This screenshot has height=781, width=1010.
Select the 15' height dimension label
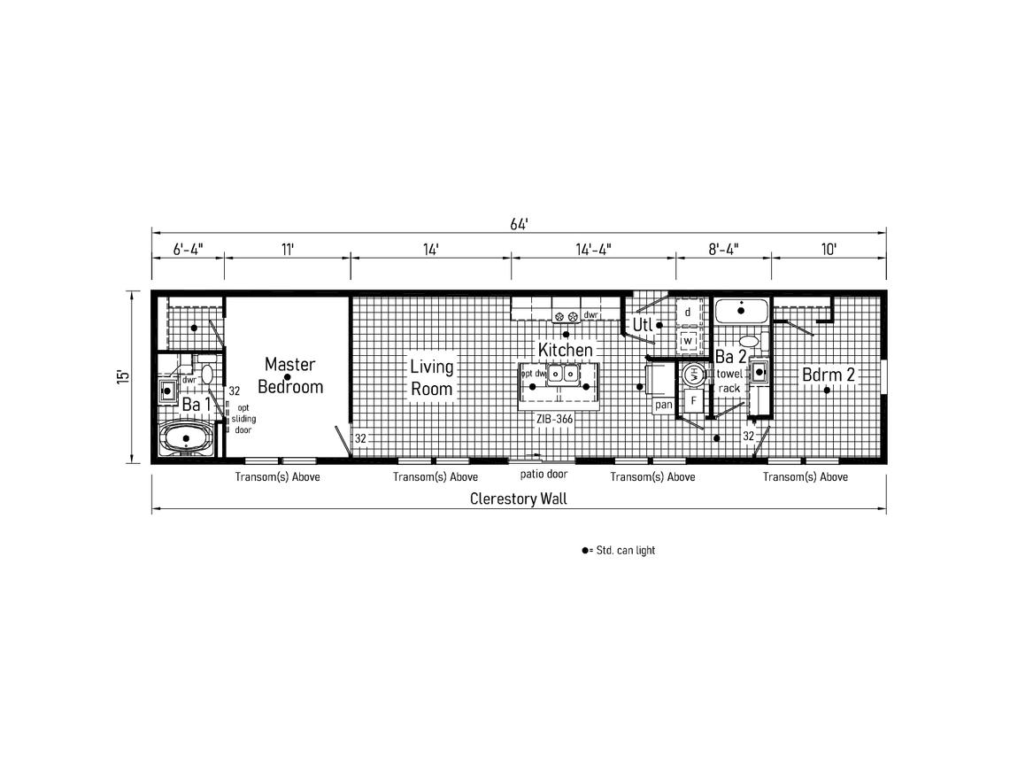[x=124, y=375]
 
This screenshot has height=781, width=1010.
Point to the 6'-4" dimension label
[x=187, y=250]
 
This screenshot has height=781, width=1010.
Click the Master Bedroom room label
[x=289, y=375]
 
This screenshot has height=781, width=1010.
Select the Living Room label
[x=431, y=377]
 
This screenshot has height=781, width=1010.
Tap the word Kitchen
[x=565, y=351]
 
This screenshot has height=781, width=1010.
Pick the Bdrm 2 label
[x=829, y=375]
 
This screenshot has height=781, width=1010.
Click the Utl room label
[x=642, y=325]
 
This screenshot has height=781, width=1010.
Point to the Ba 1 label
[x=197, y=405]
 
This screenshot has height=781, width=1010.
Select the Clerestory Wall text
[x=518, y=499]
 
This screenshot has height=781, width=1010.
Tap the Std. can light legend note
[x=619, y=551]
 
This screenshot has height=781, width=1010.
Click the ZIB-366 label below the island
[x=554, y=419]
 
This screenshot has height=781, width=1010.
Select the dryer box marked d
[x=688, y=313]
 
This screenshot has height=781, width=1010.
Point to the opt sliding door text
[x=243, y=419]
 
